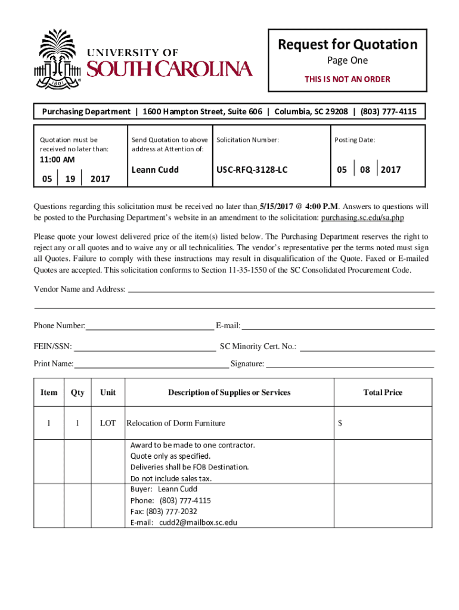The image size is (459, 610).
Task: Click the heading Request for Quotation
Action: [347, 45]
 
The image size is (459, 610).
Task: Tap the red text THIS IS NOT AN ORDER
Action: [347, 79]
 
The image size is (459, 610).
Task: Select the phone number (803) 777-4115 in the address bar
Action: [388, 111]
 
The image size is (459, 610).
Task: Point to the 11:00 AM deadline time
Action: [57, 160]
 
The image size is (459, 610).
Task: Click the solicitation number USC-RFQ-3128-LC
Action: [252, 170]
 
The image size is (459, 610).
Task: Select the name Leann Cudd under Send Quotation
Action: [155, 170]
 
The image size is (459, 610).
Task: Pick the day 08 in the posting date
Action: [365, 170]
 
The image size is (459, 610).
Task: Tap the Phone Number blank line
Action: [150, 325]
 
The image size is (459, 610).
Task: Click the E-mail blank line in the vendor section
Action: [337, 325]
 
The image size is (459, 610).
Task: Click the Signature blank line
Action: [349, 363]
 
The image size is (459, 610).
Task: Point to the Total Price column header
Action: [383, 393]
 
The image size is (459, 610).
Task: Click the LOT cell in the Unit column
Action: [108, 424]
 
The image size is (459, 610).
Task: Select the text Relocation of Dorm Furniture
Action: [176, 424]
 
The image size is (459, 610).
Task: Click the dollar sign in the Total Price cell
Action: [340, 424]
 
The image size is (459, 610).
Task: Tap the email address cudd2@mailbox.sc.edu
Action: [198, 522]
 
